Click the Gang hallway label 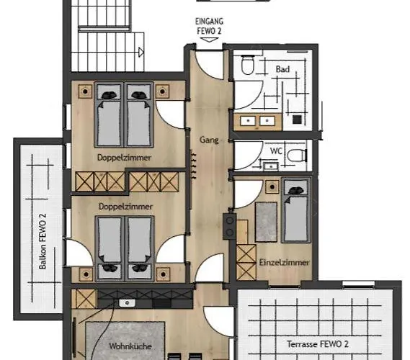(209, 140)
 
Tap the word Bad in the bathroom (282, 69)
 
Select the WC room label (276, 151)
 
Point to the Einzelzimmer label (284, 262)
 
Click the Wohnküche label (130, 346)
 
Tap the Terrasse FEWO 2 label (318, 344)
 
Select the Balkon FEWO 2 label (43, 241)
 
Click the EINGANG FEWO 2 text (209, 26)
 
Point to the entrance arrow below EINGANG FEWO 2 (209, 40)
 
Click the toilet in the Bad (247, 65)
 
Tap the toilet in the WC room (297, 156)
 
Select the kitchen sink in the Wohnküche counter (127, 303)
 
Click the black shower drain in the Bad (297, 120)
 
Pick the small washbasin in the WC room (271, 166)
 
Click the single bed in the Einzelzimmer (296, 210)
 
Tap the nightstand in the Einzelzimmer (272, 186)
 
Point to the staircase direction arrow (141, 53)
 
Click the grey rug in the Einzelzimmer (266, 222)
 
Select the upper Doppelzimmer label (124, 158)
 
